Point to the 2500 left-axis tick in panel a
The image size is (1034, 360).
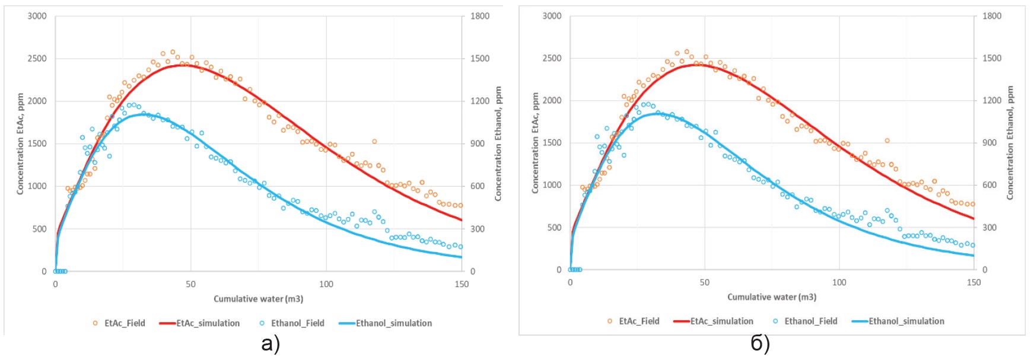[x=37, y=59]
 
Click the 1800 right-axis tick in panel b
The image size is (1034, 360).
[x=992, y=16]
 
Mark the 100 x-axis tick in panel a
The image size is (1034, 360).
[x=326, y=284]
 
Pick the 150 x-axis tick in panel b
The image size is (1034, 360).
[x=973, y=282]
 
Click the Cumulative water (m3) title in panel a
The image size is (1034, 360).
[x=259, y=299]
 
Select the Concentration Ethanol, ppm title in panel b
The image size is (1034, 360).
[x=1010, y=143]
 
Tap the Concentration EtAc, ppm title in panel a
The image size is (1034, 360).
[x=20, y=144]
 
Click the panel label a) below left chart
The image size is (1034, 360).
[x=271, y=344]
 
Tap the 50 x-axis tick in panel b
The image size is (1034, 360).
[x=704, y=282]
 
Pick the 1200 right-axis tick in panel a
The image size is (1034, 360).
[x=480, y=101]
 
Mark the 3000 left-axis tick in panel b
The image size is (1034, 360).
[x=552, y=16]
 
